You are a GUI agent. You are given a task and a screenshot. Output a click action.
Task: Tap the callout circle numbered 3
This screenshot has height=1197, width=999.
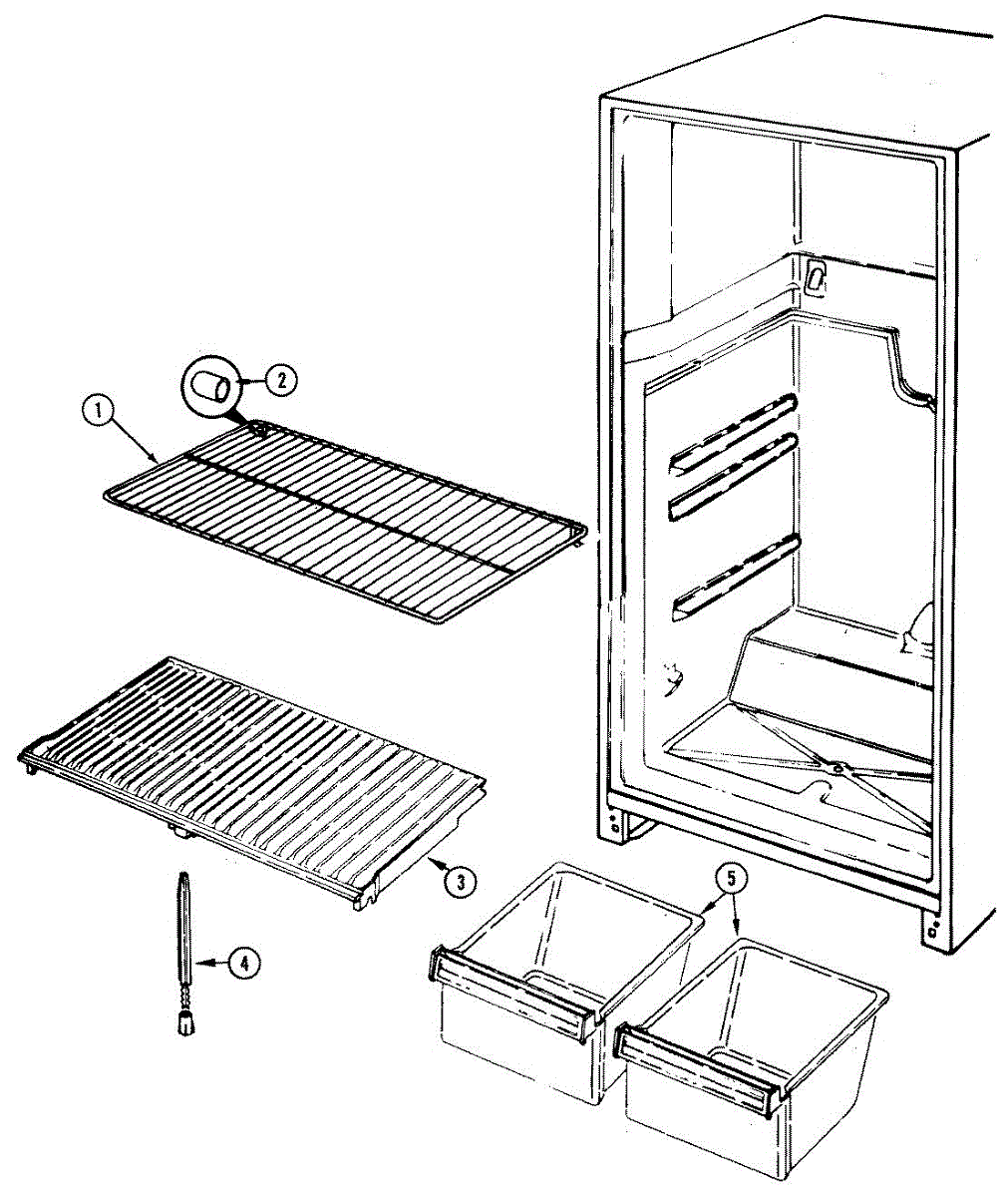(458, 880)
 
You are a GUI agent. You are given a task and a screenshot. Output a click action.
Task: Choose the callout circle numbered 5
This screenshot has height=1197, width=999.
(730, 879)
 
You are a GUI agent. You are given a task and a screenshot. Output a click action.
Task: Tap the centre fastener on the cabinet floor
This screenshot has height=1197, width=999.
(838, 767)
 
